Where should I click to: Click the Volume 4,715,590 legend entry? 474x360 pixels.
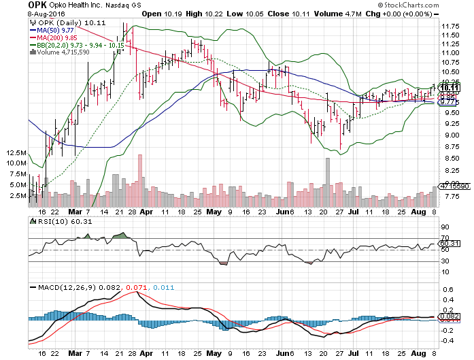67,52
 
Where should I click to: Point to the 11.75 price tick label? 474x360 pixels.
447,27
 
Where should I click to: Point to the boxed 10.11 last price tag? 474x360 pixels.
447,87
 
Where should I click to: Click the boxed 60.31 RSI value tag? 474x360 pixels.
448,243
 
